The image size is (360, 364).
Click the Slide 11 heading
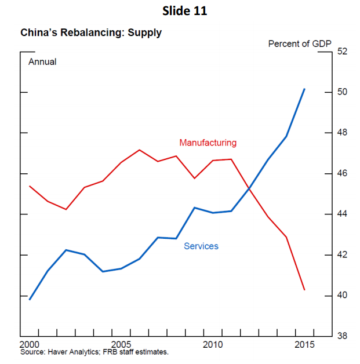pyautogui.click(x=180, y=10)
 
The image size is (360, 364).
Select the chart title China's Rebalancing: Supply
pyautogui.click(x=91, y=33)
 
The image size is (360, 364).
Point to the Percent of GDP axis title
pyautogui.click(x=299, y=43)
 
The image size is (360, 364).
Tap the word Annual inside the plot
pyautogui.click(x=42, y=61)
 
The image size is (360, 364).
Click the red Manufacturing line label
pyautogui.click(x=208, y=143)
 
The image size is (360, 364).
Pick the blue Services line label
pyautogui.click(x=201, y=246)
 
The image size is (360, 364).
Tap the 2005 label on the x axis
pyautogui.click(x=121, y=345)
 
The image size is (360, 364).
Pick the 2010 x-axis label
pyautogui.click(x=213, y=345)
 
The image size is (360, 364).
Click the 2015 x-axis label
pyautogui.click(x=304, y=345)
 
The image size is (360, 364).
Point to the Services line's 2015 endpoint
pyautogui.click(x=305, y=89)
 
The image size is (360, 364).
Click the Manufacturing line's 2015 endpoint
pyautogui.click(x=305, y=290)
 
